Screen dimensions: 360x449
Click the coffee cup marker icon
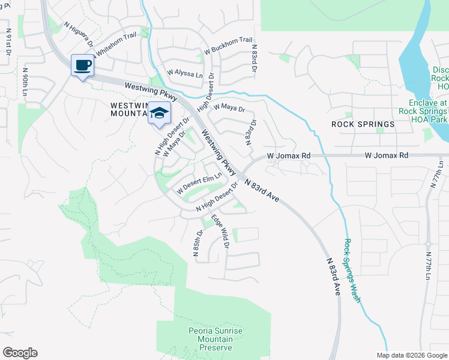(x=82, y=65)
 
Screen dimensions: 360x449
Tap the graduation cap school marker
(x=160, y=113)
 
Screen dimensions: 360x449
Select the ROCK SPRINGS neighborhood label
(x=363, y=124)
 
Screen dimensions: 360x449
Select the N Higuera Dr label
(x=79, y=35)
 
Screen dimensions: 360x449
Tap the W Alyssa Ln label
(x=185, y=72)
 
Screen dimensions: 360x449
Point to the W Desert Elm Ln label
(x=199, y=183)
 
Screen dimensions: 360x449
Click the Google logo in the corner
(x=20, y=353)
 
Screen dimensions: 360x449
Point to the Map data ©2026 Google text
(x=412, y=355)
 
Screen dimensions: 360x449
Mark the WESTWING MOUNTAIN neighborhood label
(x=128, y=109)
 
